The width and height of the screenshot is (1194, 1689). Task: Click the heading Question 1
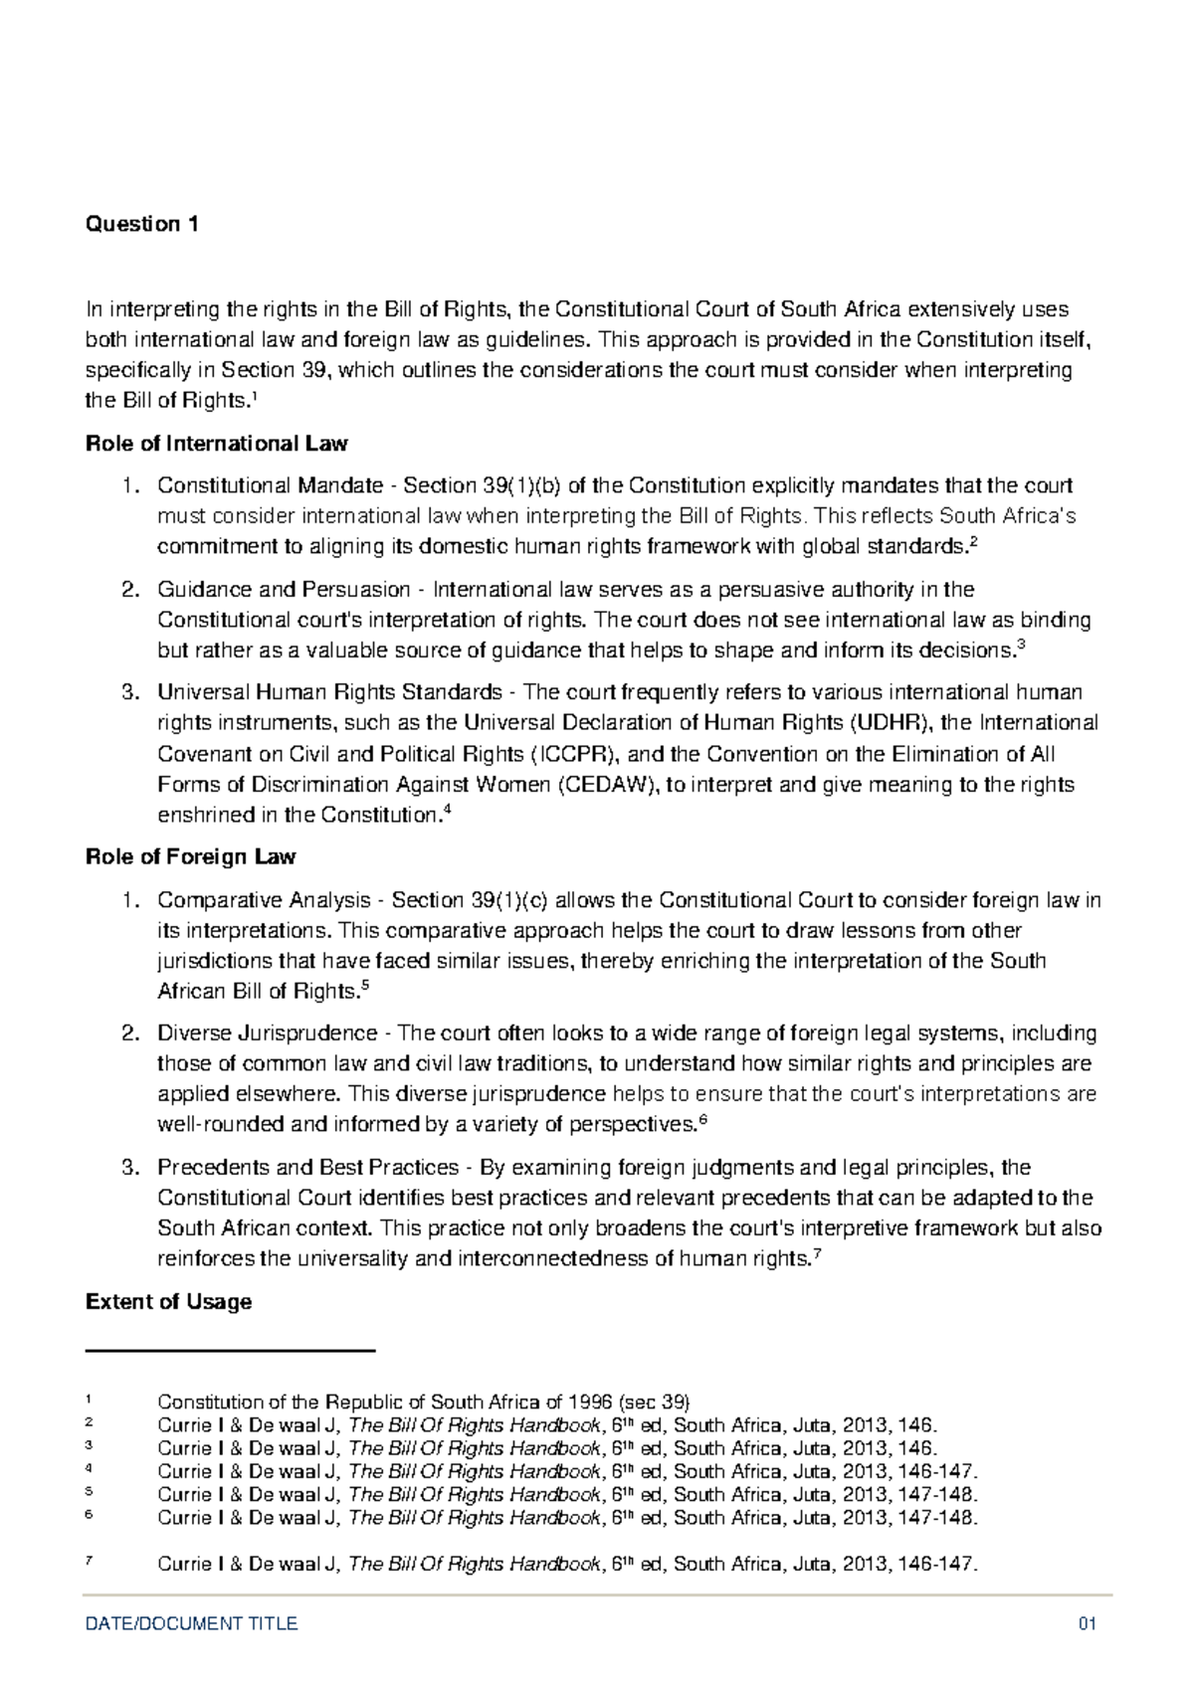pos(142,224)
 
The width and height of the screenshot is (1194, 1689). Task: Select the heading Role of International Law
pos(217,444)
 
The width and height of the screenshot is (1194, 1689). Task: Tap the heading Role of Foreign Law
pos(191,856)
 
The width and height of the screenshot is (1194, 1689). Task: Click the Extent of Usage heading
pos(168,1301)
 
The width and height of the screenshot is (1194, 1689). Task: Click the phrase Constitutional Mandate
pos(270,485)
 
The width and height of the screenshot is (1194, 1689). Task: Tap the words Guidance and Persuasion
pos(284,589)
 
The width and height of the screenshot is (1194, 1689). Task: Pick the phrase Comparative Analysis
pos(264,900)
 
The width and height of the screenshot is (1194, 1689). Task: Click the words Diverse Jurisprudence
pos(268,1032)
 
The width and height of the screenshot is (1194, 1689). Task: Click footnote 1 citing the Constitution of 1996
pos(423,1403)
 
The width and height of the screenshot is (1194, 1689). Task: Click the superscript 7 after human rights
pos(817,1252)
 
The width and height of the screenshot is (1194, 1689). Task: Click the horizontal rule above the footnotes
pos(231,1350)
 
